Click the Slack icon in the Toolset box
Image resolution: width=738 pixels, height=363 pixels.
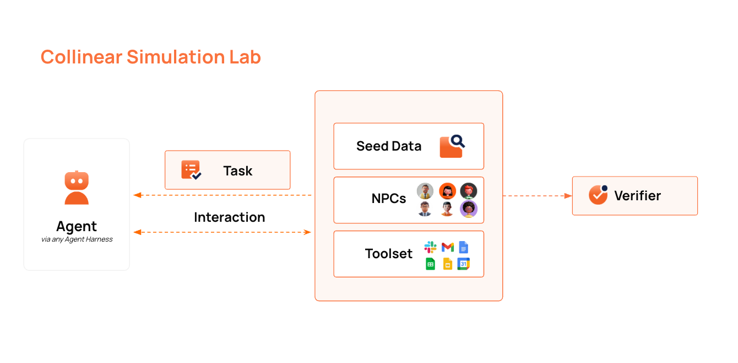pyautogui.click(x=430, y=247)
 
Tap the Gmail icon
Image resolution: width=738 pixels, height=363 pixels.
pyautogui.click(x=448, y=247)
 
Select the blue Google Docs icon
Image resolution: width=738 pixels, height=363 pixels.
pyautogui.click(x=464, y=247)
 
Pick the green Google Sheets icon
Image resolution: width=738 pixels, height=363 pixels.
pyautogui.click(x=430, y=264)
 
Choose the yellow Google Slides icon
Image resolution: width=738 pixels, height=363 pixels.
pyautogui.click(x=448, y=264)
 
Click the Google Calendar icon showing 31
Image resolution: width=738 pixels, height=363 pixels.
pyautogui.click(x=464, y=264)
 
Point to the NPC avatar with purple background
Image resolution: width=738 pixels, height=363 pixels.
pyautogui.click(x=469, y=209)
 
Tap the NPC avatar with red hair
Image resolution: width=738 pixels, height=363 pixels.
pyautogui.click(x=469, y=191)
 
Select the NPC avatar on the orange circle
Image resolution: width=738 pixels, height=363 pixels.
pyautogui.click(x=447, y=191)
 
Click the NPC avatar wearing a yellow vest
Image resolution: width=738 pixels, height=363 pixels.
pyautogui.click(x=425, y=191)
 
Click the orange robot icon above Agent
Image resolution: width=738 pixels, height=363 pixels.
pyautogui.click(x=77, y=188)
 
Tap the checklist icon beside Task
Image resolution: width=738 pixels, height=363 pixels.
pyautogui.click(x=191, y=170)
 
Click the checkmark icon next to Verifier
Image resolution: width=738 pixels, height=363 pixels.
pyautogui.click(x=598, y=195)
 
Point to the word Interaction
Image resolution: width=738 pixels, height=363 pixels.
pyautogui.click(x=229, y=217)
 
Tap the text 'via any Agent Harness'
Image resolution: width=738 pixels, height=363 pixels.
pyautogui.click(x=77, y=239)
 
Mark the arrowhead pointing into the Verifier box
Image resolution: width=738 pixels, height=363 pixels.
pyautogui.click(x=568, y=195)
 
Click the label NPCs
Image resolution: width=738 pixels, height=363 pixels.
pyautogui.click(x=388, y=199)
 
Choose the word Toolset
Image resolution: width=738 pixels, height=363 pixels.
pyautogui.click(x=388, y=254)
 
